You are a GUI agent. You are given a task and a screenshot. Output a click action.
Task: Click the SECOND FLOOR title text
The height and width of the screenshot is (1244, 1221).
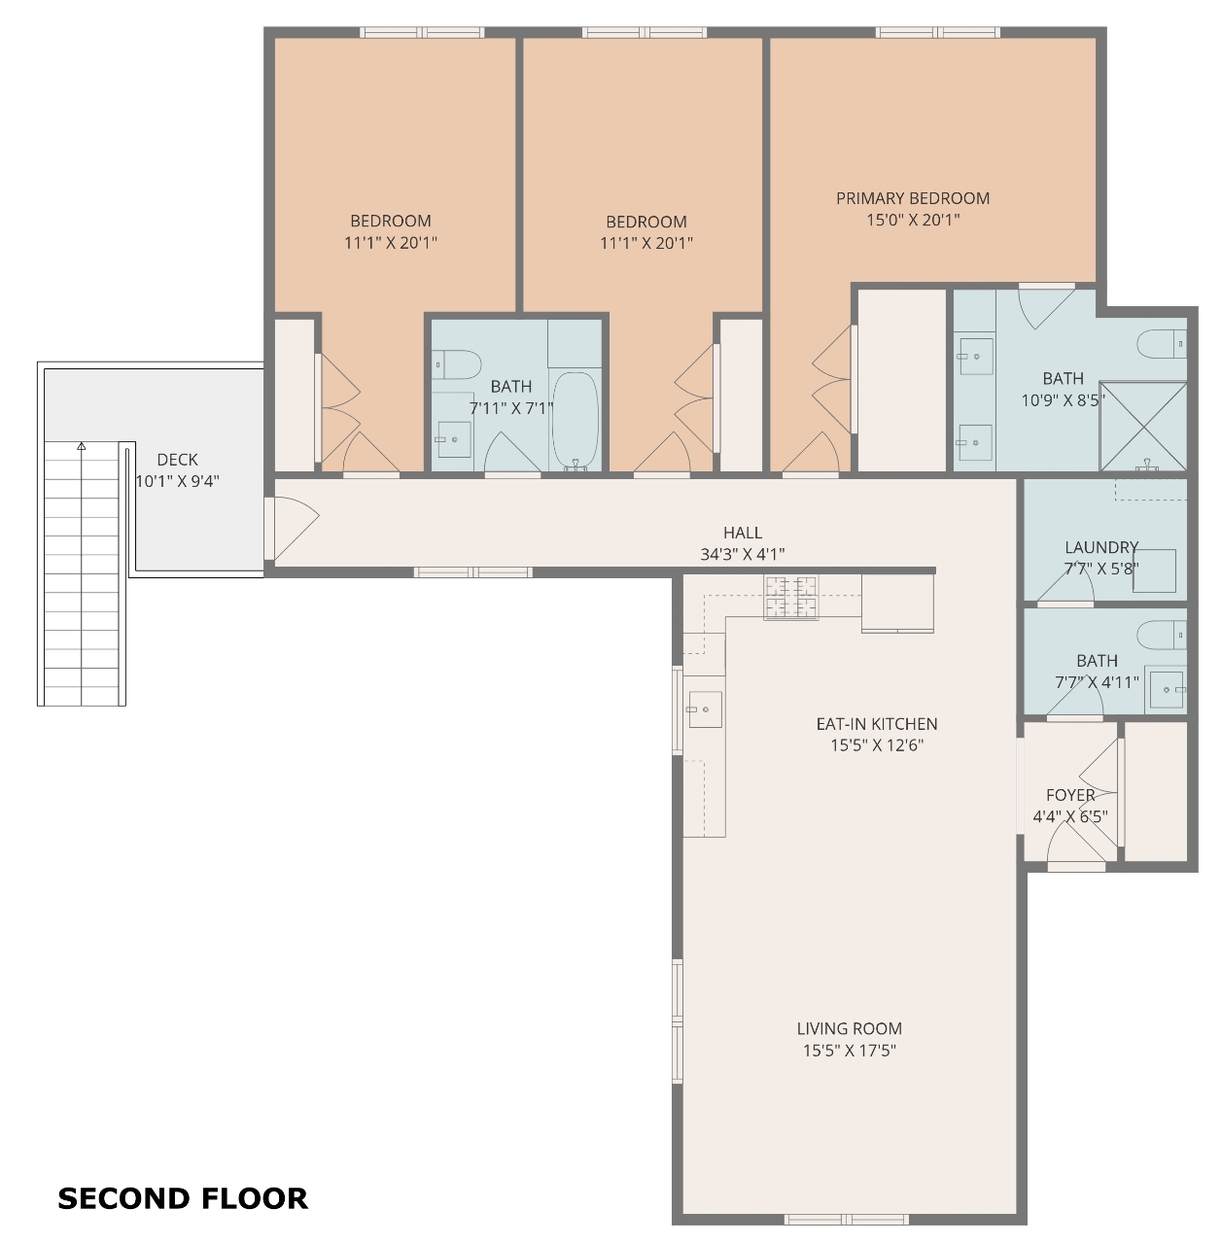click(x=183, y=1199)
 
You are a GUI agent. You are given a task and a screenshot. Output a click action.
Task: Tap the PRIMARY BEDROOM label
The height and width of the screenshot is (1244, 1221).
click(x=912, y=198)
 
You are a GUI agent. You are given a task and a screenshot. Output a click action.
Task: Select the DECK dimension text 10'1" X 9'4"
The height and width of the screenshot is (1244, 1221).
click(x=178, y=481)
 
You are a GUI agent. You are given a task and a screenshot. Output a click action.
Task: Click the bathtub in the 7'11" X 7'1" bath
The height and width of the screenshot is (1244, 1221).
click(x=575, y=420)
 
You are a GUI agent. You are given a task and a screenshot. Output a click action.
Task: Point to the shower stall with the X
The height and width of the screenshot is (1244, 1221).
click(x=1143, y=426)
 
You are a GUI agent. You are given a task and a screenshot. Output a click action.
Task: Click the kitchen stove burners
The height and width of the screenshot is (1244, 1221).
click(x=790, y=597)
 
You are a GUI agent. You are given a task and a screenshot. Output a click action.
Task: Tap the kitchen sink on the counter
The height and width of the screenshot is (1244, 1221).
click(x=705, y=708)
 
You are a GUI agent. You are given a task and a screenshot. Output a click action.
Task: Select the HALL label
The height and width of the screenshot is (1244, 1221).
click(x=743, y=533)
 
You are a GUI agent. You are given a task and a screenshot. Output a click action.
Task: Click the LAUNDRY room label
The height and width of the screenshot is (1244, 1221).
click(x=1101, y=547)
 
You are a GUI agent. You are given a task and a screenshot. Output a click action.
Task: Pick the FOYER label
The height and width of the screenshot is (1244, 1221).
click(x=1070, y=795)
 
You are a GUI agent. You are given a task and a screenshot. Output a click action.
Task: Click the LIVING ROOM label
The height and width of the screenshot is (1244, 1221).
click(x=849, y=1028)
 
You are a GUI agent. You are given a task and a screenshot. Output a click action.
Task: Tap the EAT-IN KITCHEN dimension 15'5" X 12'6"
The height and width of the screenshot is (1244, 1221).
click(x=877, y=745)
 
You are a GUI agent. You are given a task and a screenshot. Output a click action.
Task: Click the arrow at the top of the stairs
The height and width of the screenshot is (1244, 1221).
click(x=82, y=445)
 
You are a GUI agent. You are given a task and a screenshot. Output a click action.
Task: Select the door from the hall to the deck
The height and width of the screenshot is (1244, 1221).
click(x=292, y=528)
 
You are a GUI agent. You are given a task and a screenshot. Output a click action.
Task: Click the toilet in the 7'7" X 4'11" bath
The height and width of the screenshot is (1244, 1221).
click(x=1162, y=635)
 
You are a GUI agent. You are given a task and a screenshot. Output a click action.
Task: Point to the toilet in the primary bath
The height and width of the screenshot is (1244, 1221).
click(x=1162, y=344)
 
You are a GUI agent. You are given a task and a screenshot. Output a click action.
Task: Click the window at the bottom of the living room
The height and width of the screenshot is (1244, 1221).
click(x=847, y=1220)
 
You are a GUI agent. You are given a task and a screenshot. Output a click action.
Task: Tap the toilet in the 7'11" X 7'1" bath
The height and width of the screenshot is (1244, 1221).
click(x=456, y=365)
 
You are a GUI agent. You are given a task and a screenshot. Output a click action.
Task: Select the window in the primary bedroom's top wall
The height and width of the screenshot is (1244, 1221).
click(x=937, y=32)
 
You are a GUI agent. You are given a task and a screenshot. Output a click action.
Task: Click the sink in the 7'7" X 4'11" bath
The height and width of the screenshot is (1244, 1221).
click(x=1167, y=689)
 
